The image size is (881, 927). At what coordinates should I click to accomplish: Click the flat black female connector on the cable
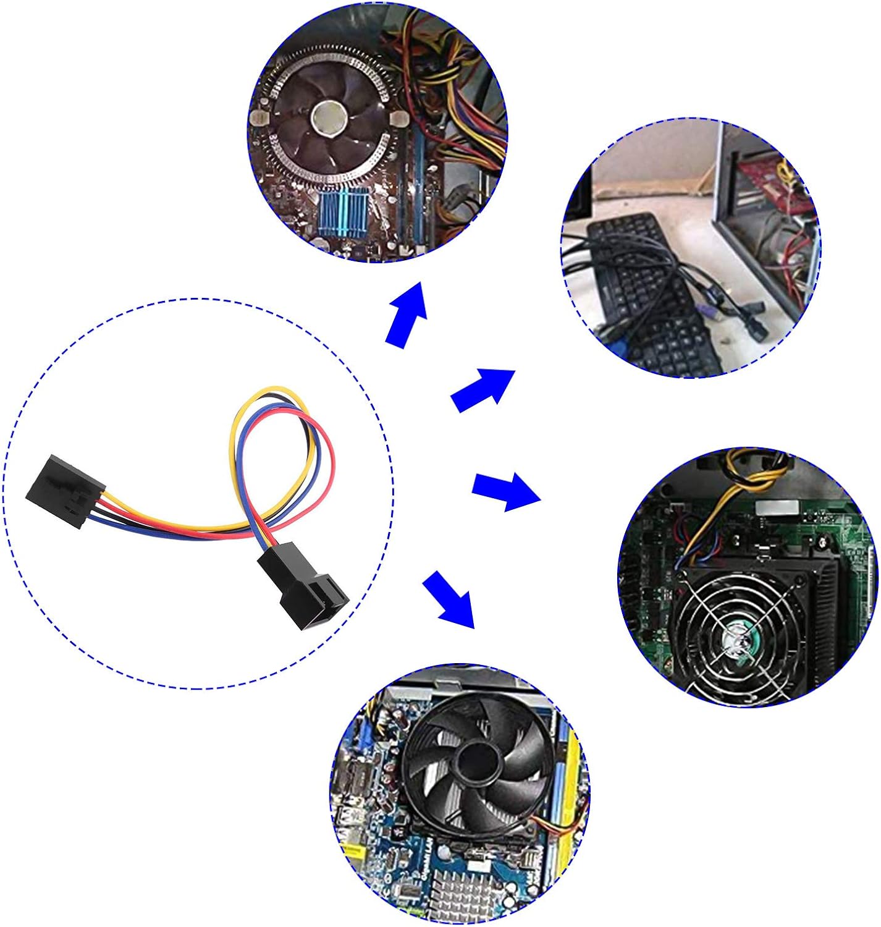point(65,490)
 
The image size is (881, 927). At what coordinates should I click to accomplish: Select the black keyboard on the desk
point(649,290)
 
